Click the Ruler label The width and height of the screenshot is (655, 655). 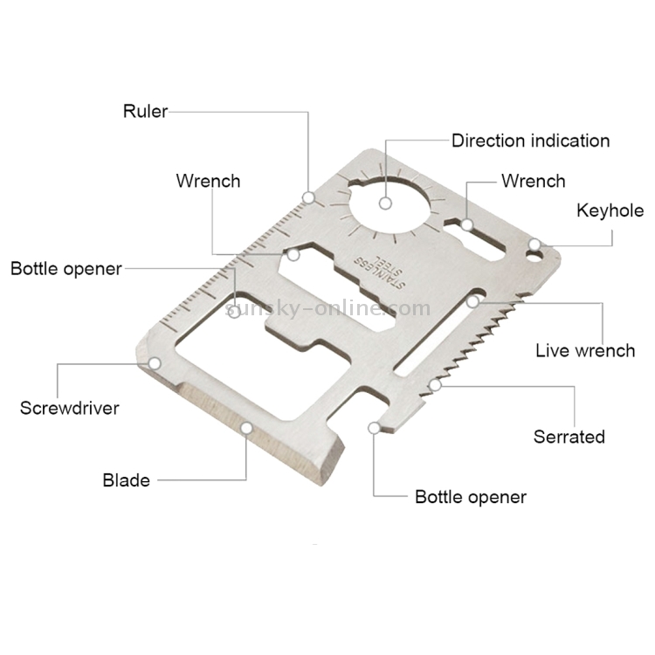tap(145, 111)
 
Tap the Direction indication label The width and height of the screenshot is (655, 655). tap(530, 141)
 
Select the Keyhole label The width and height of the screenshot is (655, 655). tap(610, 210)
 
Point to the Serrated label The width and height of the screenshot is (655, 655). tap(569, 437)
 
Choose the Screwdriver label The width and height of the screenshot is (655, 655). tap(70, 408)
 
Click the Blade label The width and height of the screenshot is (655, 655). tap(127, 479)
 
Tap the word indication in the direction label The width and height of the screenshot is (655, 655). tap(569, 141)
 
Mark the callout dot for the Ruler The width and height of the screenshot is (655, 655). tap(308, 196)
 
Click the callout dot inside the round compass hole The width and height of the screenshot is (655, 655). tap(384, 203)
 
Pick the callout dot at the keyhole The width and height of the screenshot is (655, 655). tap(534, 245)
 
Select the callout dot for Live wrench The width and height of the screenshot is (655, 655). tap(473, 302)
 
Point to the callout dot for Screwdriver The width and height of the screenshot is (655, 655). tap(155, 362)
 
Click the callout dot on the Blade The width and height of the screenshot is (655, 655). tap(248, 428)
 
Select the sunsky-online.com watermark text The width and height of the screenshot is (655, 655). tap(327, 307)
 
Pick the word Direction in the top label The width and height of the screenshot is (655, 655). tap(488, 141)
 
